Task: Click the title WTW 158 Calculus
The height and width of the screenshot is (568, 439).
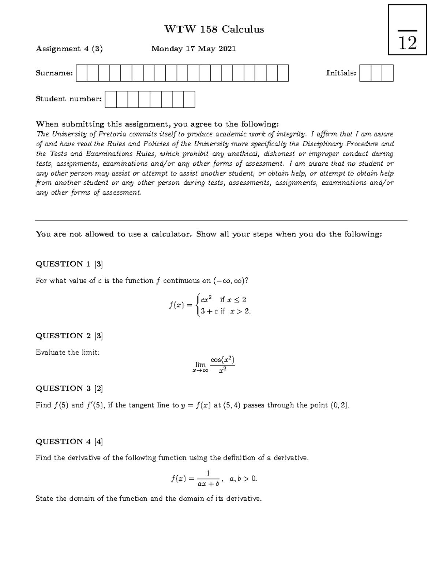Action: (x=214, y=29)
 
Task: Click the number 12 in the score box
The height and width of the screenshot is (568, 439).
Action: (x=407, y=43)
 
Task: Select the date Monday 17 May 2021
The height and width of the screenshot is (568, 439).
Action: (x=194, y=49)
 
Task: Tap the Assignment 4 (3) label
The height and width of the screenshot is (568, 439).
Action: (x=69, y=49)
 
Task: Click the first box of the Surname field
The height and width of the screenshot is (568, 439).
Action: (x=82, y=73)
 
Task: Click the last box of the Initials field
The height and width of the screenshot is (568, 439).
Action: (x=387, y=73)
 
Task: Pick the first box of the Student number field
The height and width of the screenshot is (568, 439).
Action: (x=110, y=99)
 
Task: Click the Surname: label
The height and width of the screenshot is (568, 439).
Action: (x=54, y=73)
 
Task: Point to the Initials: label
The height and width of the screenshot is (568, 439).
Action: (x=341, y=73)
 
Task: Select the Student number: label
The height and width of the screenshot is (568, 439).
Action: (x=68, y=99)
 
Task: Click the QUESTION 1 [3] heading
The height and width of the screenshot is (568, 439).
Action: (x=69, y=264)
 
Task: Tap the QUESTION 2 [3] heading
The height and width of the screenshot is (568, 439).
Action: (x=69, y=336)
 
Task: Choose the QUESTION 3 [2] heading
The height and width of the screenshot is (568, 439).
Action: (x=69, y=388)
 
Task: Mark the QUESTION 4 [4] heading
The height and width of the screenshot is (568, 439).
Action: (x=69, y=441)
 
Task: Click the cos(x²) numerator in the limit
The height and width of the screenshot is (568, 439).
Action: (x=222, y=360)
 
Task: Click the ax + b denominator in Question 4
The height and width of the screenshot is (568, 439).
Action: (x=208, y=484)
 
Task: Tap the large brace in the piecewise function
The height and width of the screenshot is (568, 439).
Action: (x=198, y=305)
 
